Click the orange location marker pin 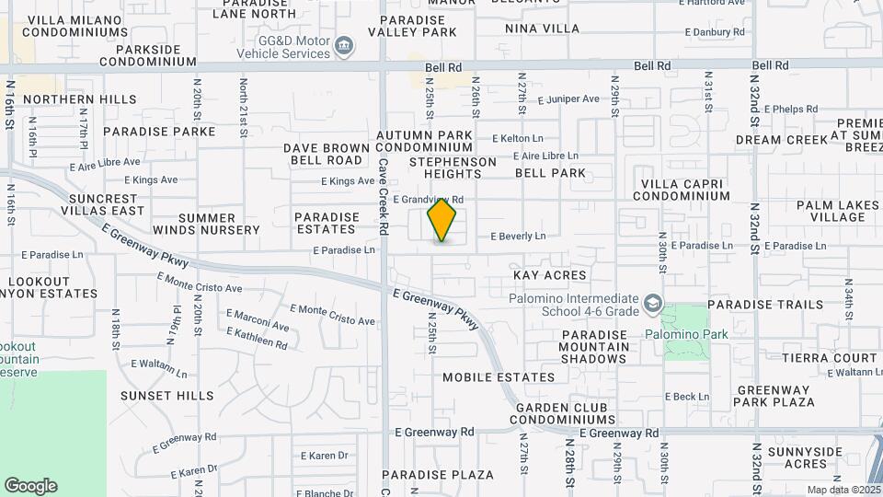441,220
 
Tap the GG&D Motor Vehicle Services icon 344,46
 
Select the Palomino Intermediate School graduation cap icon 652,304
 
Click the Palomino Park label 685,334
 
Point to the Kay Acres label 549,275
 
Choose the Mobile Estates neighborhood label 499,377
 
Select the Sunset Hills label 167,396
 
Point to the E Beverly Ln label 518,237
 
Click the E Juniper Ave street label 568,99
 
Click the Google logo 30,486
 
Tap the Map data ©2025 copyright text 843,490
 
